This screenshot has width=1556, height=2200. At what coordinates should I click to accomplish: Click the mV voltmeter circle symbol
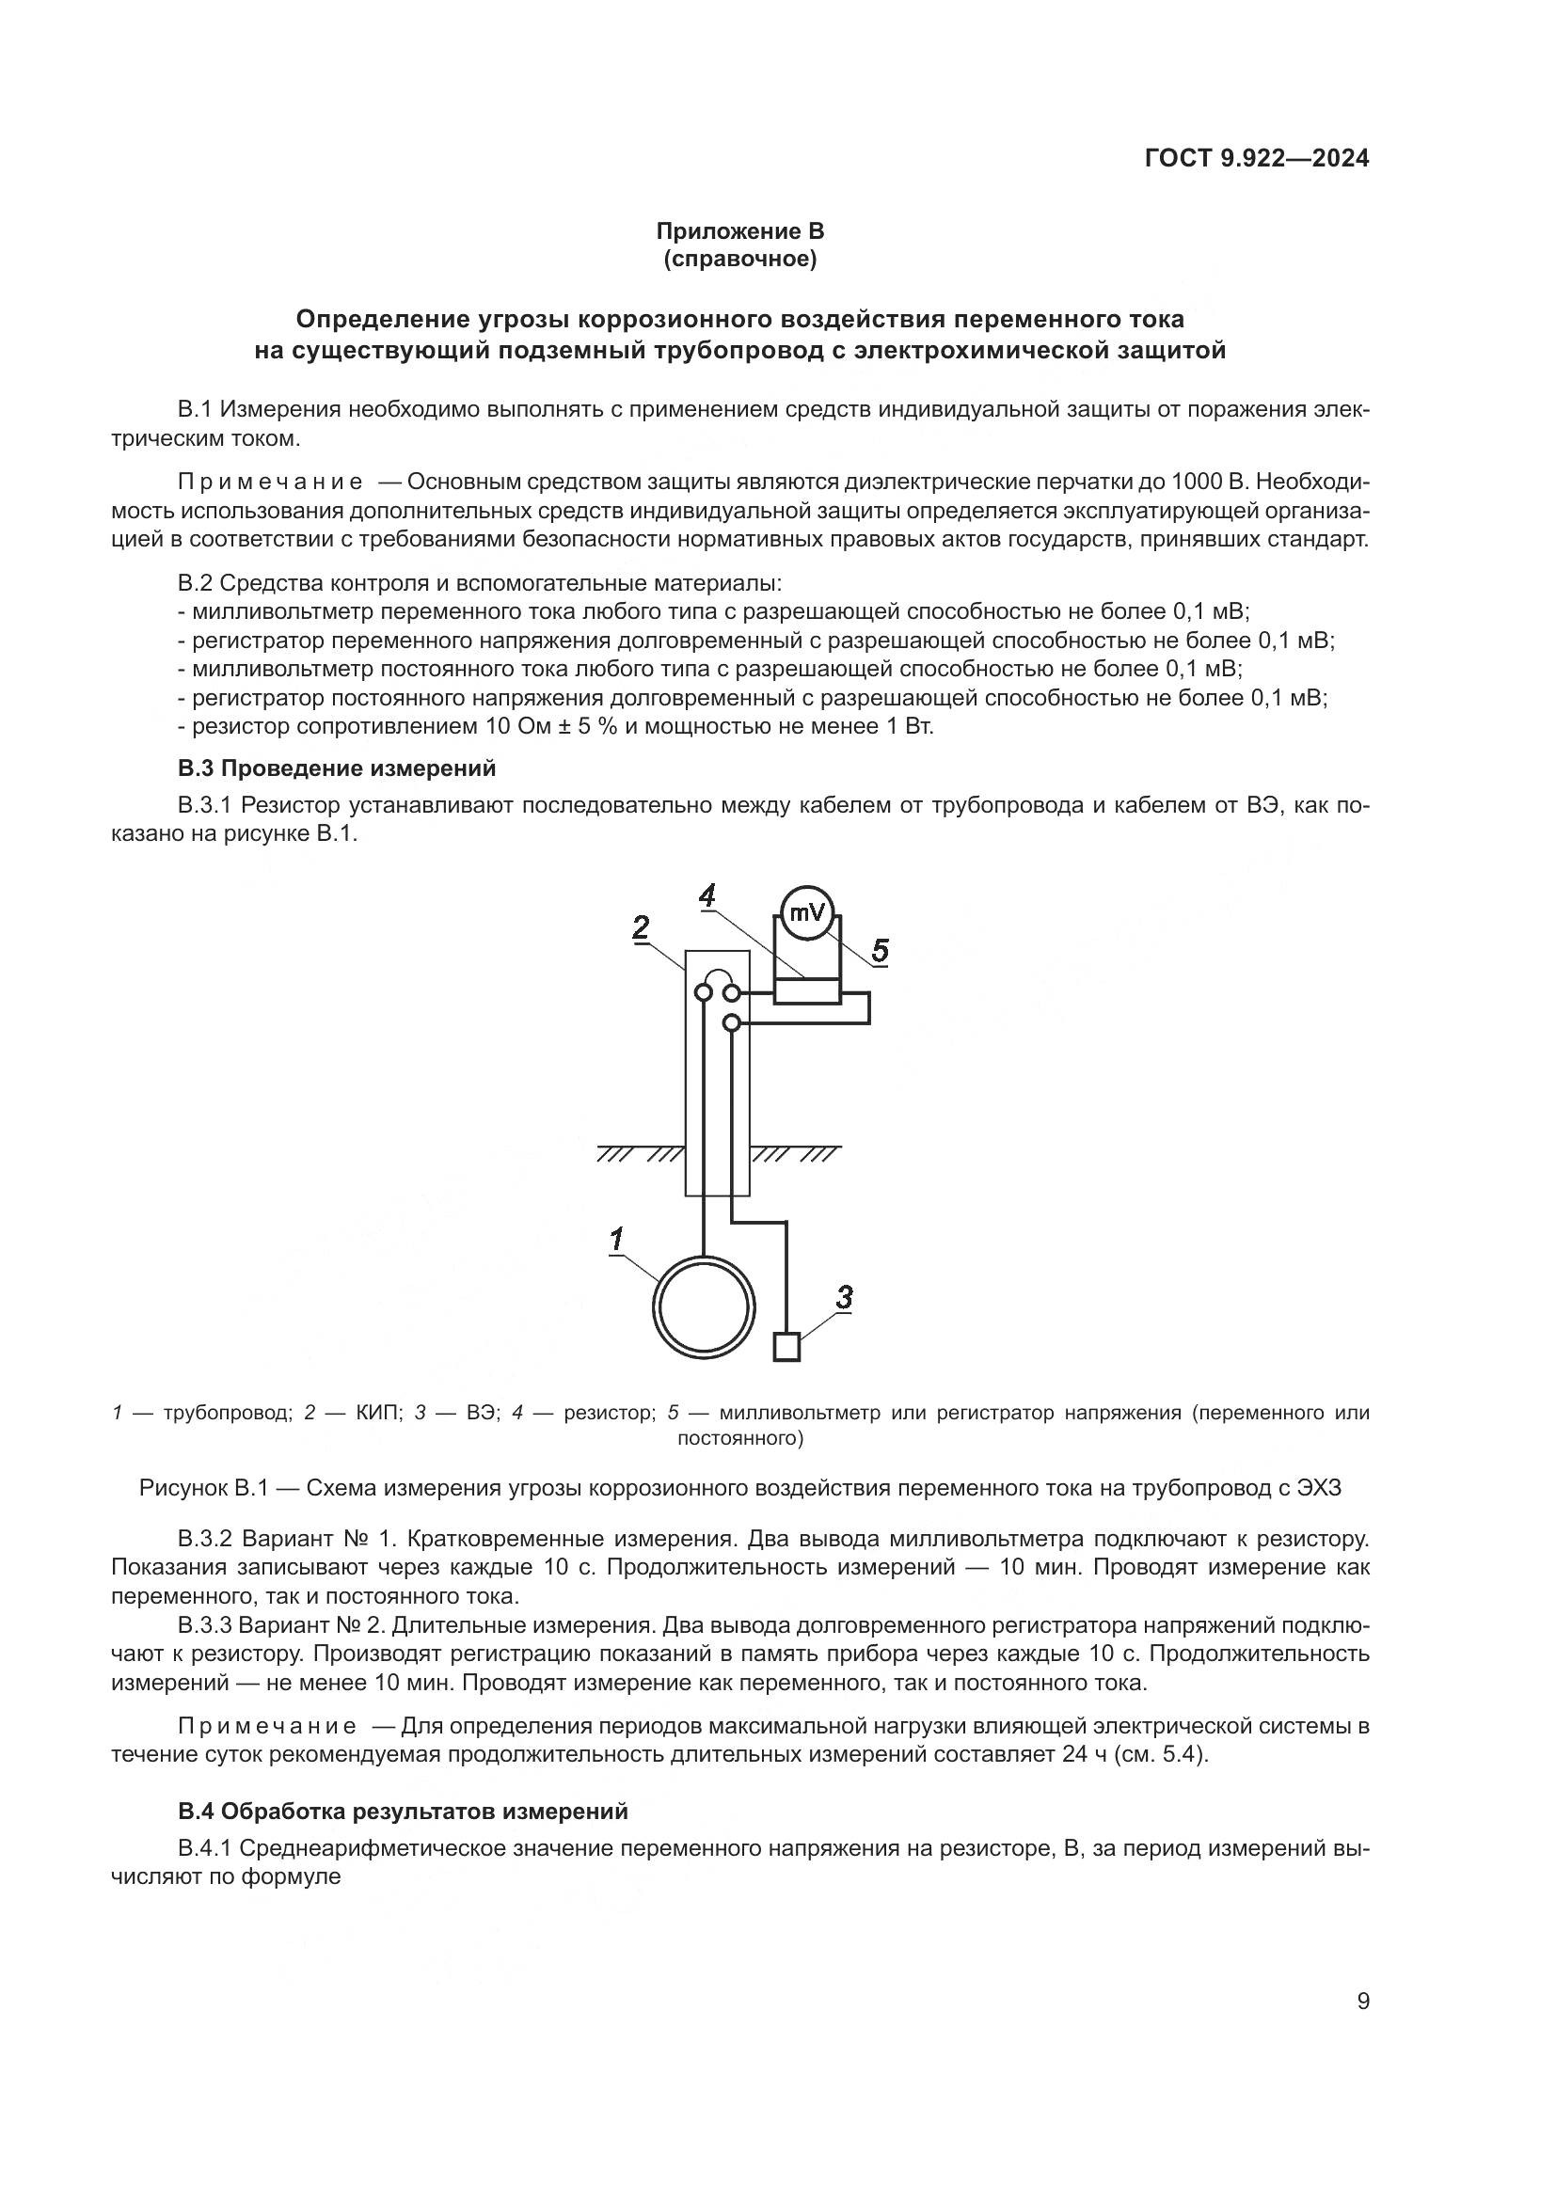(x=807, y=913)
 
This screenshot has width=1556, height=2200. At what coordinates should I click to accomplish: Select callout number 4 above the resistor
(x=707, y=896)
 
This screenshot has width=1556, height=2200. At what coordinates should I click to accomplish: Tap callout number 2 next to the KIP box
(x=641, y=926)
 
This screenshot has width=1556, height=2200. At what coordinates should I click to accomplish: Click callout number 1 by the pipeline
(x=617, y=1239)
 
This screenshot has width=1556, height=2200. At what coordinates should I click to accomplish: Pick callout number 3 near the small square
(x=843, y=1298)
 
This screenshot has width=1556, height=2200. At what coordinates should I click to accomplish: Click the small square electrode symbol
(x=786, y=1347)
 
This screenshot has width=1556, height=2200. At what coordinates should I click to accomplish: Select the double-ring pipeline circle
(x=704, y=1306)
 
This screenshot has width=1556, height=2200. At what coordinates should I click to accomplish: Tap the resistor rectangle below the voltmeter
(x=807, y=990)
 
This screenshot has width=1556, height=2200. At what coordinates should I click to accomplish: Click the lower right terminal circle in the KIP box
(x=731, y=1023)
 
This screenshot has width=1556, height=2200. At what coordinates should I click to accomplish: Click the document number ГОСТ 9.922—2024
(x=1256, y=159)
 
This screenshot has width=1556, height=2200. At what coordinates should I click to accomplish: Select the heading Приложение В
(x=739, y=231)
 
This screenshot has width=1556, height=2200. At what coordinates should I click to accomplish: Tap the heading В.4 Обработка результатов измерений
(x=403, y=1811)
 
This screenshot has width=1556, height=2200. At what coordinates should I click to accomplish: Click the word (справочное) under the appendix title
(x=739, y=260)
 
